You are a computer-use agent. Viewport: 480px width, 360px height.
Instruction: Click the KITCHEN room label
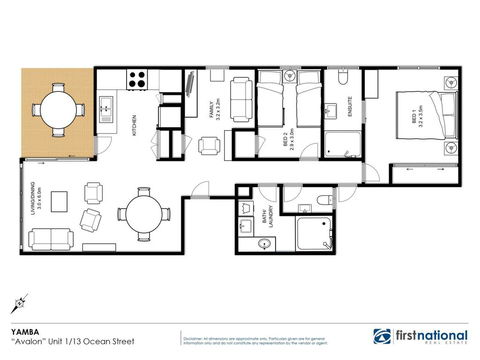(x=136, y=126)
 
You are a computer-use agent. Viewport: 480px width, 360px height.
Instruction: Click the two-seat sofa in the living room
(x=49, y=239)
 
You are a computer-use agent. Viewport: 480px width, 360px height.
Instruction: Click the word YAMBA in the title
(x=23, y=327)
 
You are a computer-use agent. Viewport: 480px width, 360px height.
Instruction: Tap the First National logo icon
(x=380, y=336)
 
